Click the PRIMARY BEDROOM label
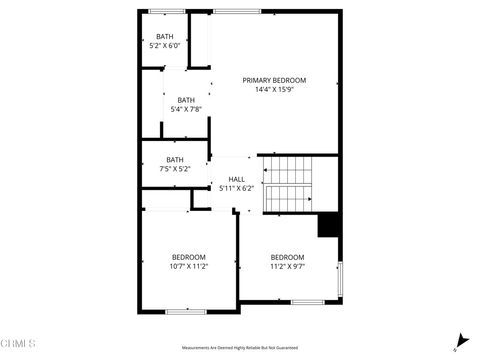click(x=274, y=80)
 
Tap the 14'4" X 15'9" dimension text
click(x=274, y=89)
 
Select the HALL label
click(x=236, y=179)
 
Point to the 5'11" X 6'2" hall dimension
click(x=236, y=188)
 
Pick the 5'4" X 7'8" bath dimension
click(x=186, y=109)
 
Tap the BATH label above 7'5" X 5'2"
click(x=175, y=159)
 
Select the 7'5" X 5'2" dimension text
click(x=175, y=168)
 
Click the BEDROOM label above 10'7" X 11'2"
click(x=188, y=257)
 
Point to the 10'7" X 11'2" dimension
click(x=188, y=266)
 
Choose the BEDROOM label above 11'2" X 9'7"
click(x=287, y=257)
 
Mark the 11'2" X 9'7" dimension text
click(x=287, y=266)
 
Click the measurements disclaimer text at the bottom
click(x=240, y=348)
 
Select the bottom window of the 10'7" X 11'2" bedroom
click(x=185, y=311)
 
